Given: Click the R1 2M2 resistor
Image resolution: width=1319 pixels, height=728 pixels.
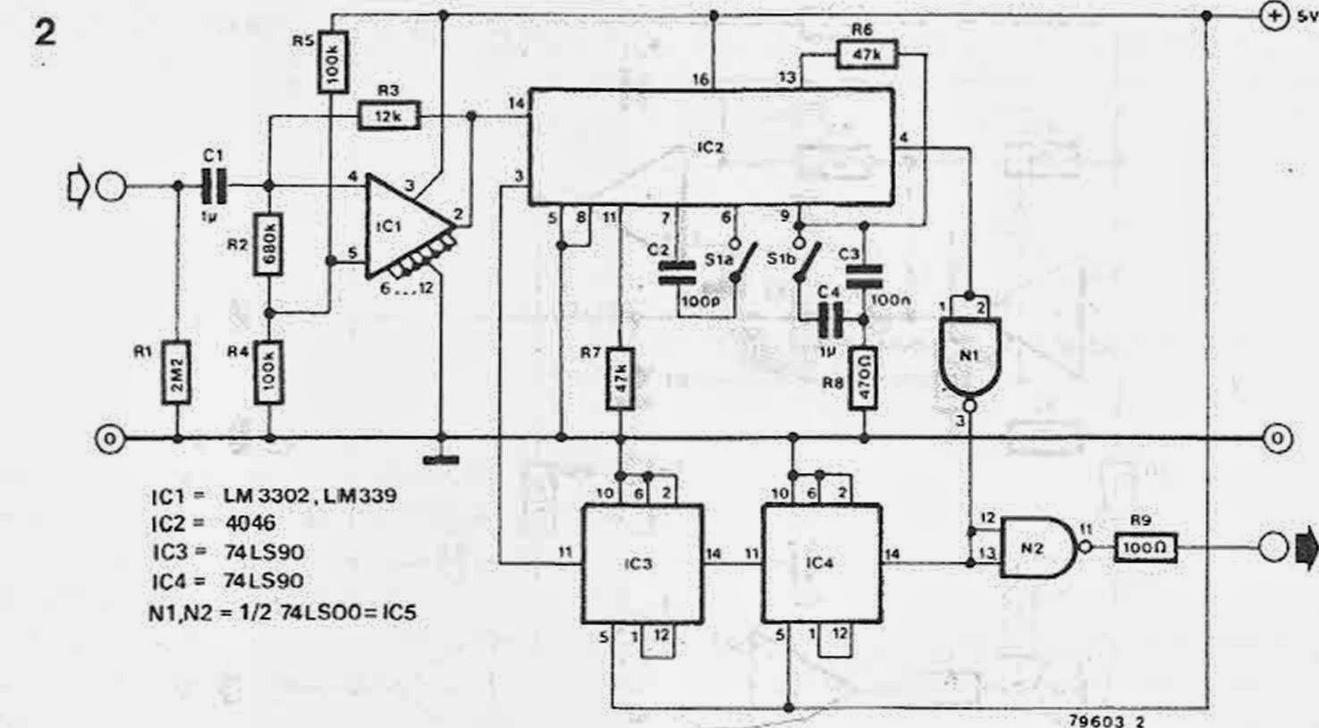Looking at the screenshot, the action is pyautogui.click(x=177, y=373).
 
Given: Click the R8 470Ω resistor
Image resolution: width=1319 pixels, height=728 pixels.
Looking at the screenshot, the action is pyautogui.click(x=864, y=377).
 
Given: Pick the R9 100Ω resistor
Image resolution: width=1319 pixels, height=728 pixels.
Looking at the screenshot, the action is pyautogui.click(x=1145, y=547).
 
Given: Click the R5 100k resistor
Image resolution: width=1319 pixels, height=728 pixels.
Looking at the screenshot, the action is pyautogui.click(x=332, y=63).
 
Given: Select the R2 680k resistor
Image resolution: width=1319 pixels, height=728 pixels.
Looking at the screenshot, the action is pyautogui.click(x=270, y=241).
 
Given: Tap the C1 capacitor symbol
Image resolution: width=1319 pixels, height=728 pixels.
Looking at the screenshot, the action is pyautogui.click(x=213, y=188).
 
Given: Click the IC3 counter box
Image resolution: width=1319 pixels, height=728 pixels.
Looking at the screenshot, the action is pyautogui.click(x=642, y=563).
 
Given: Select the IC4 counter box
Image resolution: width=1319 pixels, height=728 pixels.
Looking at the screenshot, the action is pyautogui.click(x=821, y=563).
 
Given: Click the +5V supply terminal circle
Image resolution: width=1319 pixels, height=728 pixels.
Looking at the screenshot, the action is pyautogui.click(x=1273, y=16).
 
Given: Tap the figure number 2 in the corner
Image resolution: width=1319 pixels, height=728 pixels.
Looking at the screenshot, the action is pyautogui.click(x=45, y=33).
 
